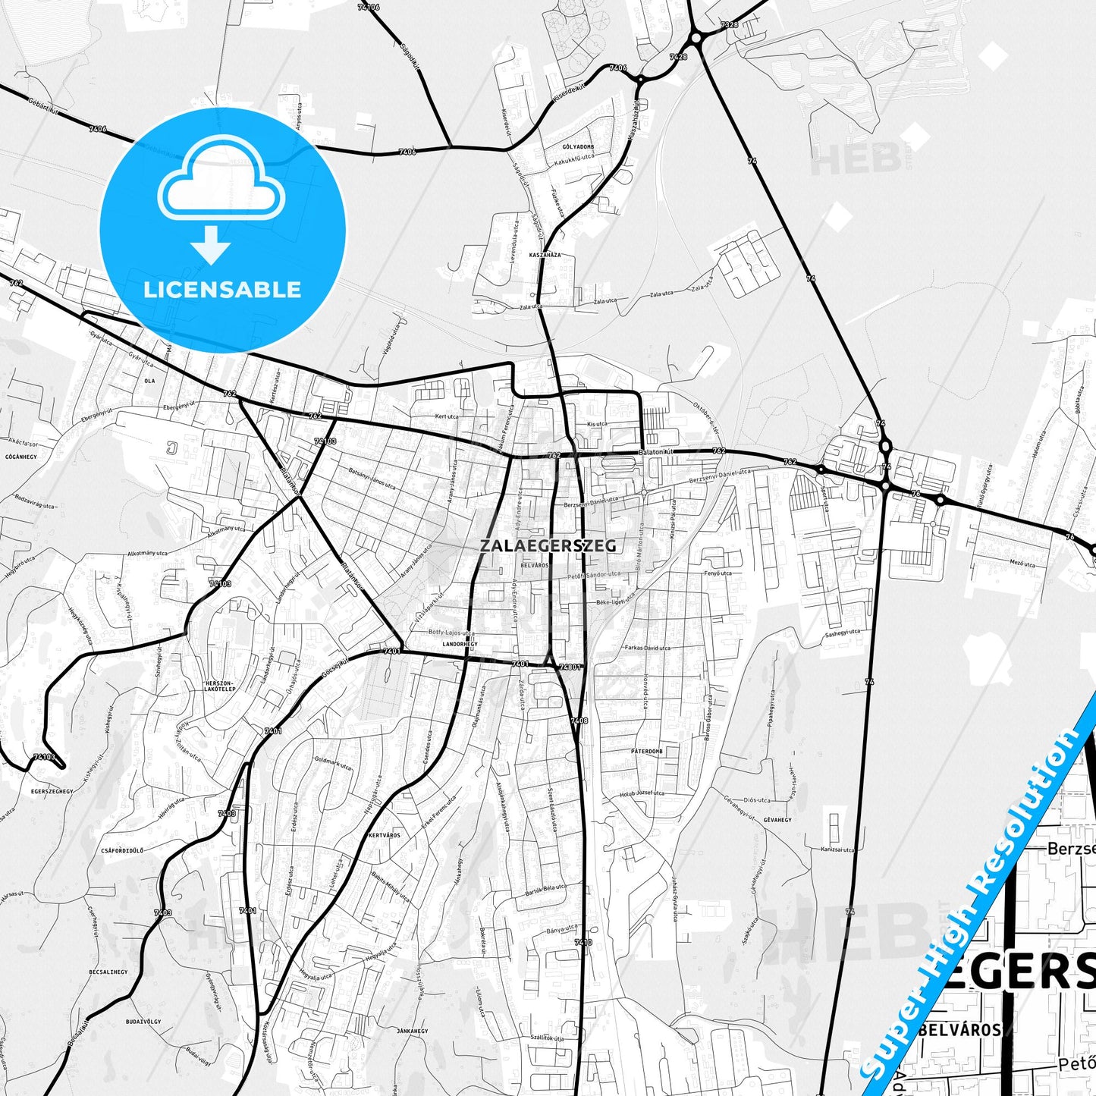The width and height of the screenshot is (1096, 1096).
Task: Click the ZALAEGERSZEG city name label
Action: coord(548,545)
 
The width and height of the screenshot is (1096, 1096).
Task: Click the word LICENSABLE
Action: coord(222,290)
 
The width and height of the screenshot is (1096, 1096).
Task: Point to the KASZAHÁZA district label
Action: coord(545,255)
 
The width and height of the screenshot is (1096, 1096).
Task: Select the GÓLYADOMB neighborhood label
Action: coord(578,146)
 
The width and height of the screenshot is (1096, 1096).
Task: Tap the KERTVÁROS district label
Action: coord(384,835)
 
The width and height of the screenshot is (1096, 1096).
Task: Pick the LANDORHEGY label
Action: coord(460,644)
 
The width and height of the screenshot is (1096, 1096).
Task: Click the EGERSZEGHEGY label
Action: coord(52,791)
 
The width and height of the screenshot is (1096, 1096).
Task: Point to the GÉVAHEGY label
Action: coord(777,820)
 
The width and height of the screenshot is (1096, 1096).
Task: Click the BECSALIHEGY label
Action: coord(108,972)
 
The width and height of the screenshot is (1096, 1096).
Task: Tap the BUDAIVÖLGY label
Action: coord(143,1022)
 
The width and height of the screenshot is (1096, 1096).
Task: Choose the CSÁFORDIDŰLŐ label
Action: coord(122,851)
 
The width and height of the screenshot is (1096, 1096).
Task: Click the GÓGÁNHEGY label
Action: coord(21,457)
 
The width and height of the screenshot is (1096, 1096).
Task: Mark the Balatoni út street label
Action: coord(656,451)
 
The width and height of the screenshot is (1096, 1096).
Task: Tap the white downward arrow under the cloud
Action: coord(211,243)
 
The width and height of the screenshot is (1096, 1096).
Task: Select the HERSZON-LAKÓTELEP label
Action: coord(220,686)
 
